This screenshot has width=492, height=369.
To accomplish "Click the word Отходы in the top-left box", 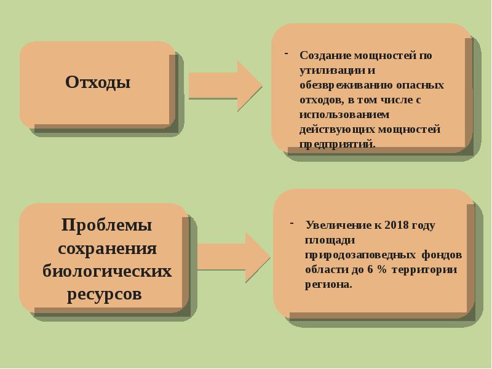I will point(98,82).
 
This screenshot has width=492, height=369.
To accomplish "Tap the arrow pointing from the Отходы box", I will point(224,85).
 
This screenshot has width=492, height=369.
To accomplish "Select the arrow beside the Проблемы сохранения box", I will point(232,256).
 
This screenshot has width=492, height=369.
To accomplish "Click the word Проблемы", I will point(106,225).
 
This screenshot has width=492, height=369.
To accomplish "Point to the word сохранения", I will point(108,248).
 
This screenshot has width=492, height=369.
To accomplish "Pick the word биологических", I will point(107,271).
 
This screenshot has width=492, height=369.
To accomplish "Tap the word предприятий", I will point(337,144).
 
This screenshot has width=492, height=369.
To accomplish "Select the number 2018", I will point(397,225).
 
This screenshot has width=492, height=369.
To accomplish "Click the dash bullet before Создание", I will point(286,54).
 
